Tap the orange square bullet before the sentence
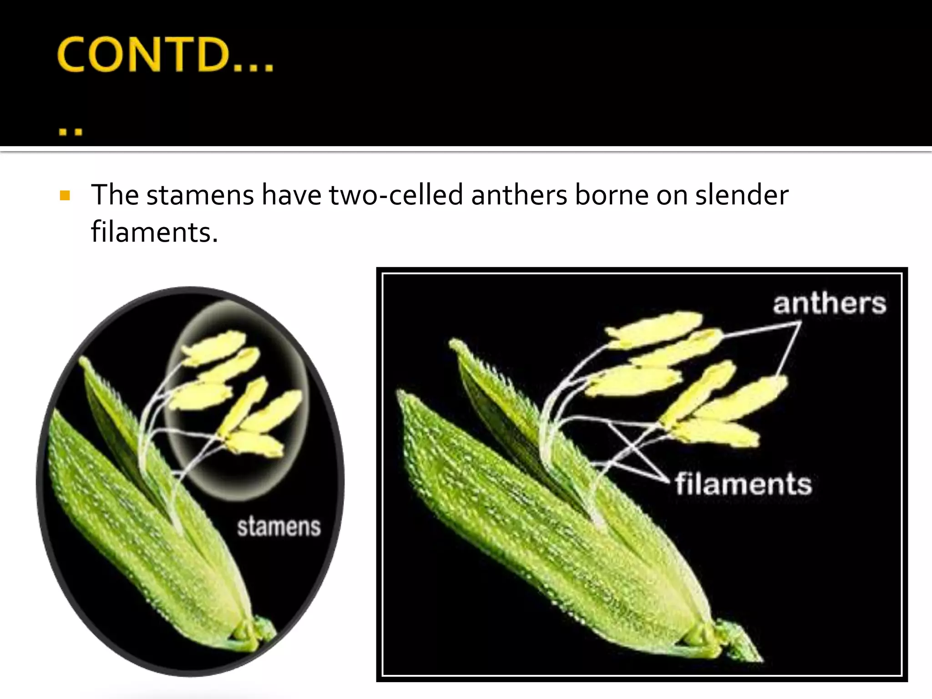pos(65,196)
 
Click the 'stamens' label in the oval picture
pos(279,527)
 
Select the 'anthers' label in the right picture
pos(829,304)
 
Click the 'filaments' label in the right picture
pos(743,484)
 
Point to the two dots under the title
pos(70,132)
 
